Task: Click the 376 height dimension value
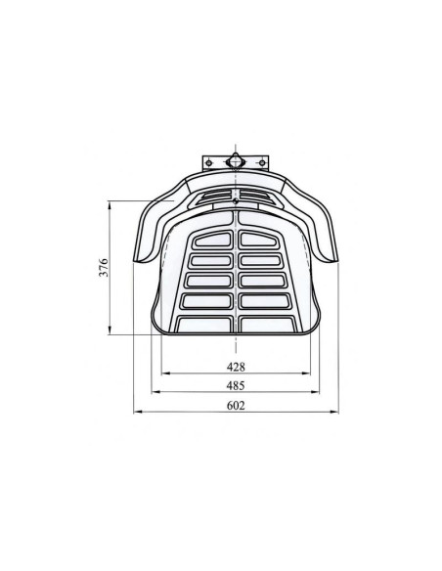coord(105,268)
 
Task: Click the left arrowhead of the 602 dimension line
coord(136,413)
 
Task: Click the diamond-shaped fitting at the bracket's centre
coord(236,160)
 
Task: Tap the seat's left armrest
coord(149,230)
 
